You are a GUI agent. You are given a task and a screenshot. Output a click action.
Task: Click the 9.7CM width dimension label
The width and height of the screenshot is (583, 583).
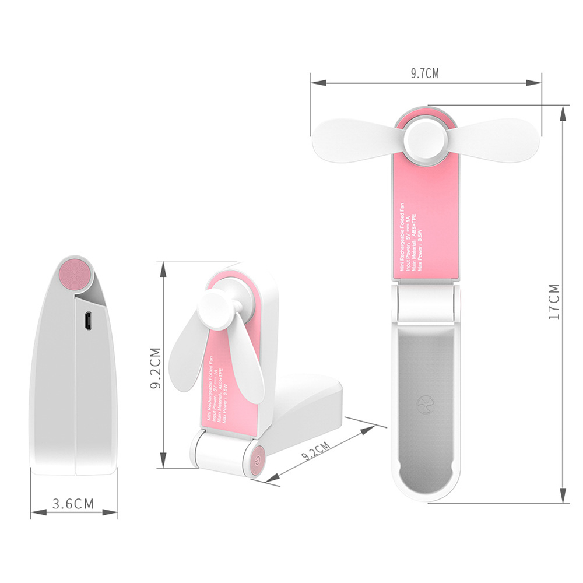(x=424, y=73)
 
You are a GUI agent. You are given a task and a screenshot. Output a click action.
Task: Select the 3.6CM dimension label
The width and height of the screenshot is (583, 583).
(x=73, y=504)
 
